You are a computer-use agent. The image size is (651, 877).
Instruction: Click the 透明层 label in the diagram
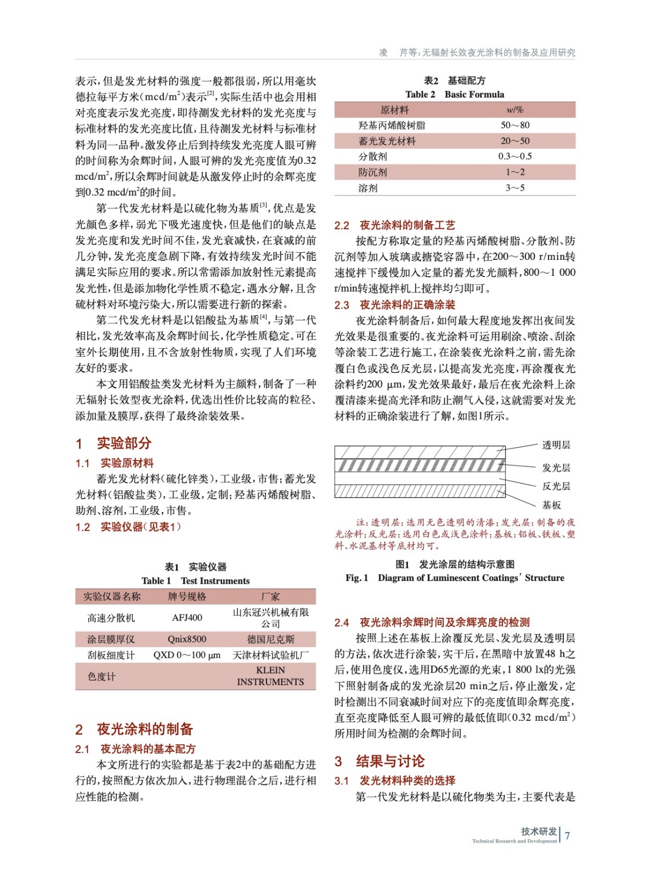point(556,445)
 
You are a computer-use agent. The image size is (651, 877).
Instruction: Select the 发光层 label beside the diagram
point(556,468)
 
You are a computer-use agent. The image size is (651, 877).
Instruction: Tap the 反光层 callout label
point(556,486)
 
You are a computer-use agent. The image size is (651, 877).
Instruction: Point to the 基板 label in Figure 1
point(551,505)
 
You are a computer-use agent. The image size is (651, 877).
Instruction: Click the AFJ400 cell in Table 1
point(187,618)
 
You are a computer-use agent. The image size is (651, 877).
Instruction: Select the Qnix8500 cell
point(187,639)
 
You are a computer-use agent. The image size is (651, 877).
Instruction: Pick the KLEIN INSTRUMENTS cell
point(270,676)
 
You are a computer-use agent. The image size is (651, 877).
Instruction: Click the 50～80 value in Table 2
point(515,126)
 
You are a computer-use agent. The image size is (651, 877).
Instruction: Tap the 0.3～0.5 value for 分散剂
point(515,157)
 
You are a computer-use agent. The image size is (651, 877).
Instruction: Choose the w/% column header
point(515,110)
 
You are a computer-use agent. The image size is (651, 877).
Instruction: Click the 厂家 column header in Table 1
point(270,596)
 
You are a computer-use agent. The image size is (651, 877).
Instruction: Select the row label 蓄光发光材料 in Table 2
point(387,141)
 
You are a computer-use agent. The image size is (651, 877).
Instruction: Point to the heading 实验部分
point(124,443)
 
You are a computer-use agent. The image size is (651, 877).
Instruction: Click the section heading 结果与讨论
point(390,761)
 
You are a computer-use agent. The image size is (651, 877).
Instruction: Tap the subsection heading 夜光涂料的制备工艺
point(407,225)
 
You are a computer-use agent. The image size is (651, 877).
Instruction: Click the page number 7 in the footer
point(568,836)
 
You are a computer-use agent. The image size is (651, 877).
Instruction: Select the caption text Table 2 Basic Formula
point(455,94)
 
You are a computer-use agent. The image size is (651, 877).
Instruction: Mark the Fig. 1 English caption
point(455,578)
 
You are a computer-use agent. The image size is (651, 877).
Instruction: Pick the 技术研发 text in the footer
point(539,832)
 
